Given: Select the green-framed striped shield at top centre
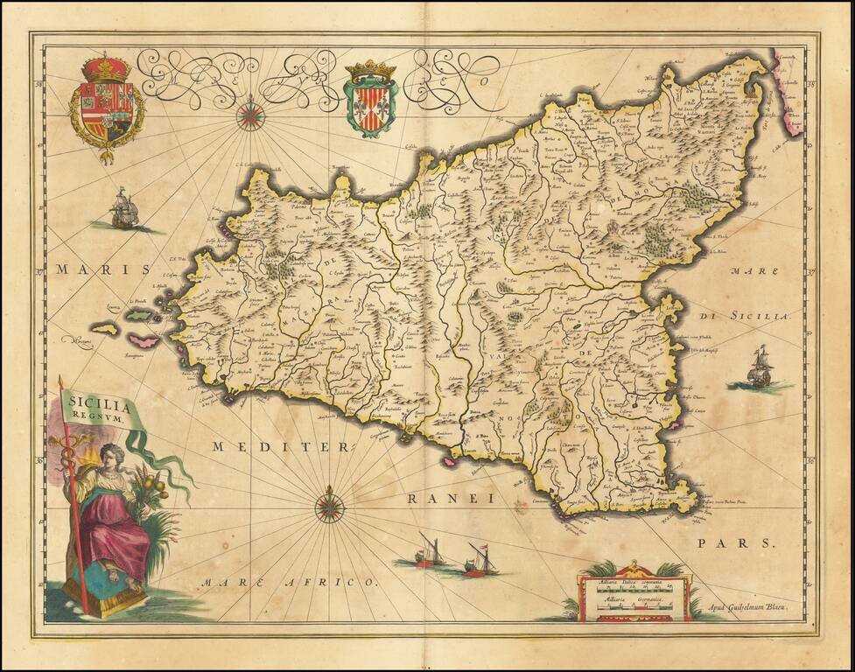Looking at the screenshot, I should [x=370, y=99].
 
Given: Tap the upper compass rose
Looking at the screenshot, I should [x=250, y=115].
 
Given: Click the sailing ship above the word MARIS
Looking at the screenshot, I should [x=123, y=210].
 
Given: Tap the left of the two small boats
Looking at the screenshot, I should [x=429, y=551].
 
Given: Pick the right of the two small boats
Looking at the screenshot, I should [x=480, y=560].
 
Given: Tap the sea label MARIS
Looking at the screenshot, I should [x=98, y=269].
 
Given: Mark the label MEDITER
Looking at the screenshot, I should [x=280, y=447].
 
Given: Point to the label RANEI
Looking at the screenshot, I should [x=451, y=499].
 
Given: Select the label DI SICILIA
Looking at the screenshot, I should [x=743, y=316].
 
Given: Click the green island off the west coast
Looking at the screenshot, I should [x=138, y=314].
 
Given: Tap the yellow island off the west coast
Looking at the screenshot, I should [x=105, y=330].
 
